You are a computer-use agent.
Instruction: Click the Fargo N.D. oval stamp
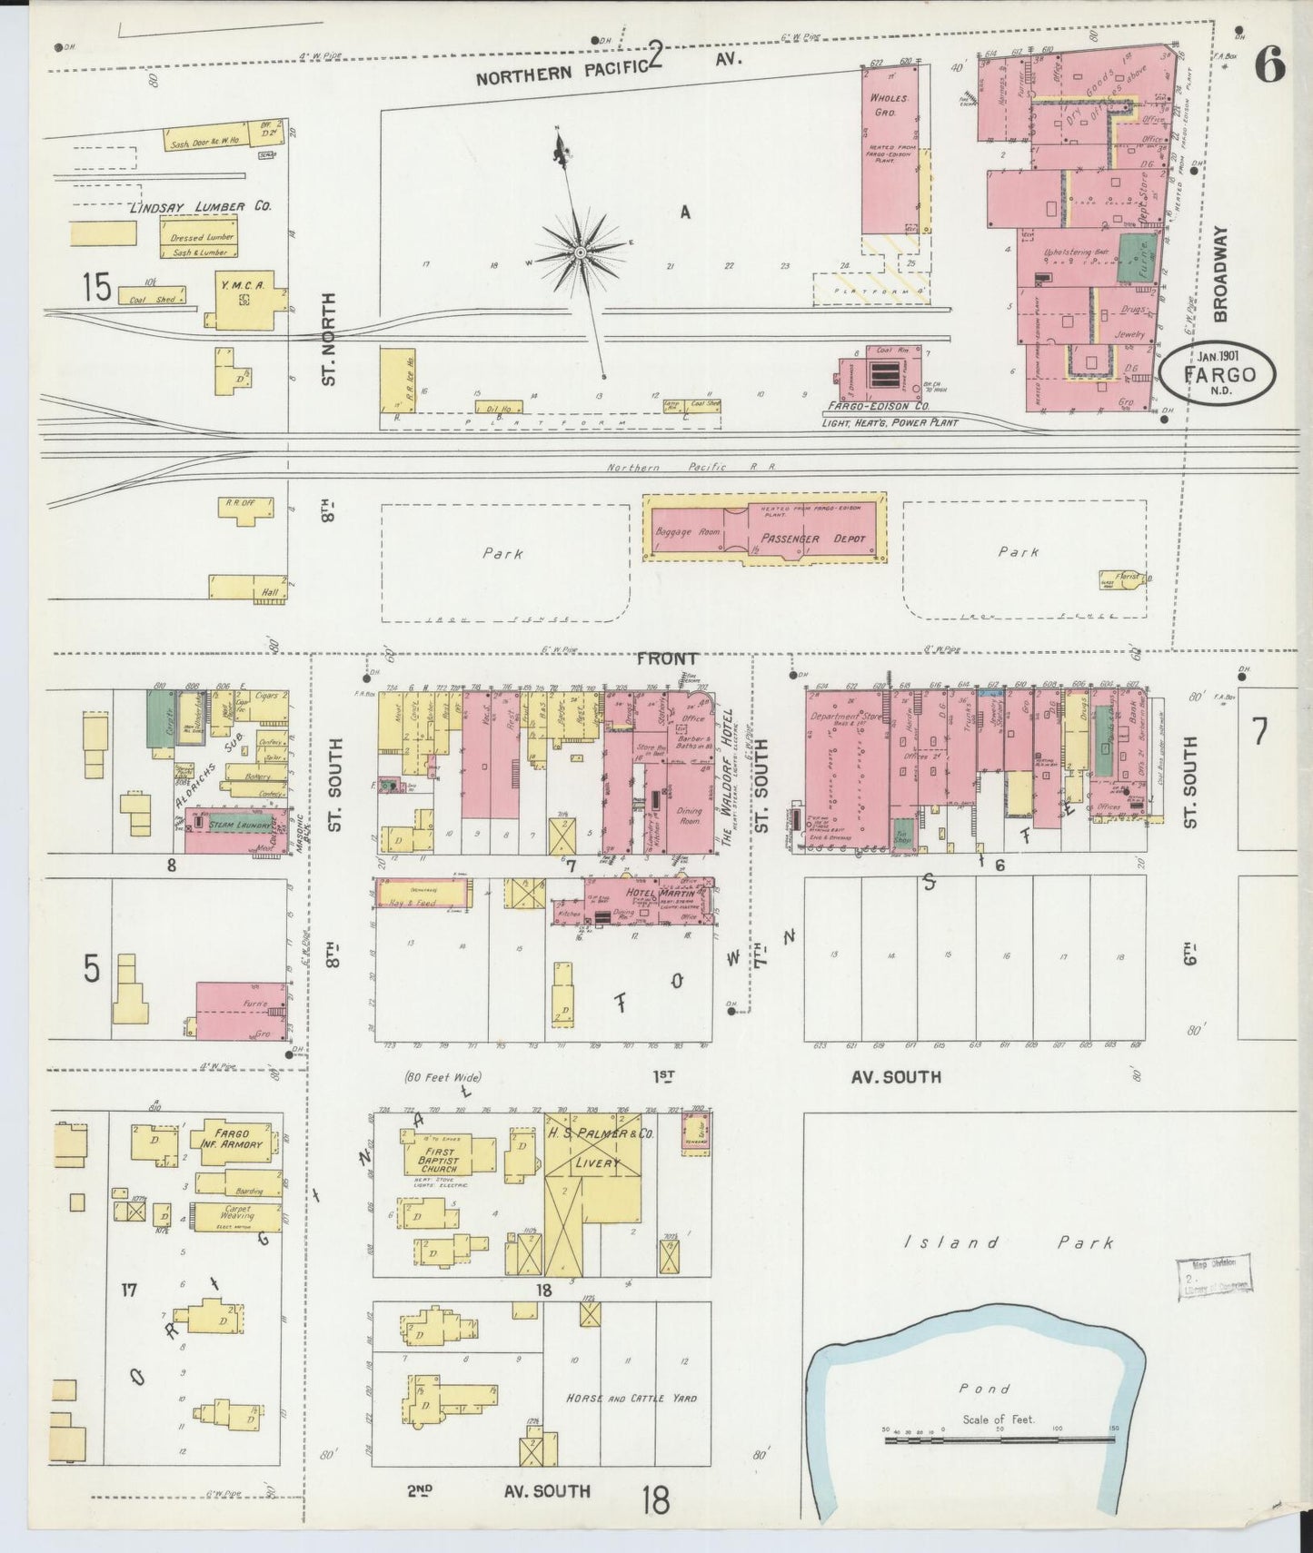tap(1219, 373)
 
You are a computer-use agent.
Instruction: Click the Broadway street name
tap(1219, 273)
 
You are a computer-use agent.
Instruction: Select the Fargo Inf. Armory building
tap(232, 1139)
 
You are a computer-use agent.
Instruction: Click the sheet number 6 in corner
tap(1269, 65)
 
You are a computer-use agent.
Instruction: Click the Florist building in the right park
tap(1123, 579)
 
